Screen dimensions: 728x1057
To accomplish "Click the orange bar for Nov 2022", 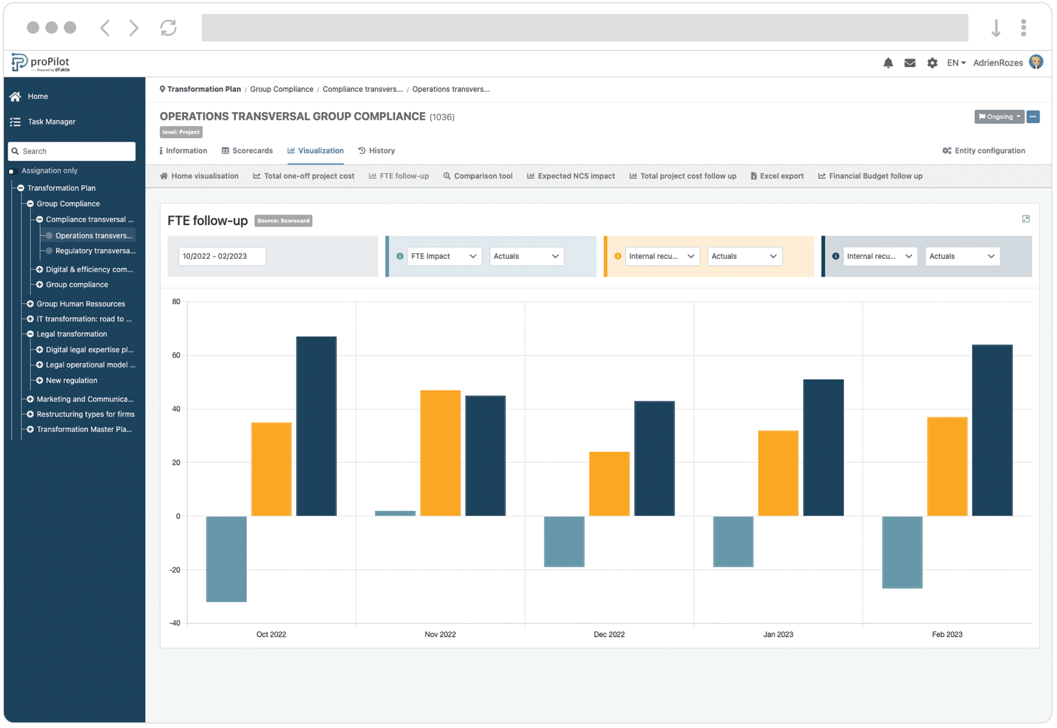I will coord(440,453).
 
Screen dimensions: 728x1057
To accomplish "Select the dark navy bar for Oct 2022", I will coord(316,426).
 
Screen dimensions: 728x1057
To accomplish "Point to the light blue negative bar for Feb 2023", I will coord(902,552).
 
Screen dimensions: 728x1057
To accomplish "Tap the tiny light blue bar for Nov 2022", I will coord(395,513).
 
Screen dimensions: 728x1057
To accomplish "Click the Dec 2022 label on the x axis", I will coord(609,634).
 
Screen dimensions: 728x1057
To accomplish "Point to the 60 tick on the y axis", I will coord(176,355).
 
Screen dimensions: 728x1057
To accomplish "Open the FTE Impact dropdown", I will coord(443,256).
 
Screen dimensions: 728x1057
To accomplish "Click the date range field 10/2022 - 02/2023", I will coord(222,256).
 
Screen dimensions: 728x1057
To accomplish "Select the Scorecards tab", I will coord(247,151).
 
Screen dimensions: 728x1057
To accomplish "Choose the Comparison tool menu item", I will coord(477,176).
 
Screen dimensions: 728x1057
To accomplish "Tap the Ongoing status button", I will coord(999,117).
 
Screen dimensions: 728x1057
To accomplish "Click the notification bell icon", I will coord(888,63).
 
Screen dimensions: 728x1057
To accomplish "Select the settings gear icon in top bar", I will coord(932,63).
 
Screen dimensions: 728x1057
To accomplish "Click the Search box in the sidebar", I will coord(72,151).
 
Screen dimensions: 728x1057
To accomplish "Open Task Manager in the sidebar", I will coord(51,122).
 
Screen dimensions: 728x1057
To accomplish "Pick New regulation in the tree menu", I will coord(71,381).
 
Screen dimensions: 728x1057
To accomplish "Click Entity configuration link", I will coord(984,151).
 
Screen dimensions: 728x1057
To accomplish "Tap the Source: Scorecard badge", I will coord(283,221).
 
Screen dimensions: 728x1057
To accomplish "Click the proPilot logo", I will coord(41,63).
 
